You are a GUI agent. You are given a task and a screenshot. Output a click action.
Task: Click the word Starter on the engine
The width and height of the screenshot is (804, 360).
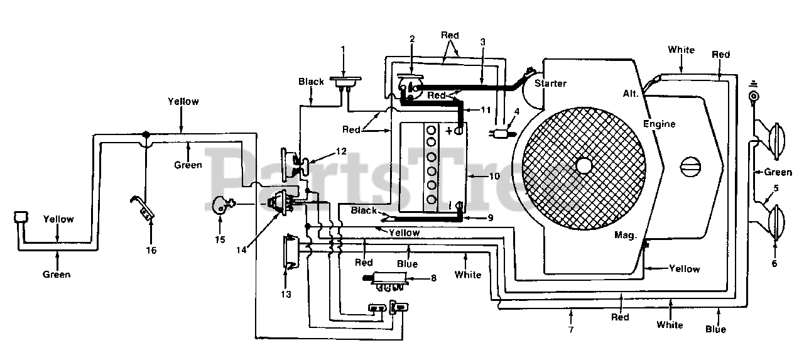coord(550,84)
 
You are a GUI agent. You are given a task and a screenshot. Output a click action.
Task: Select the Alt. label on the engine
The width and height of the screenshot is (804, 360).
coord(631,94)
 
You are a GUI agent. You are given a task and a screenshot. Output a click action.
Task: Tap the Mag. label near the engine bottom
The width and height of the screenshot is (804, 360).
coord(625,235)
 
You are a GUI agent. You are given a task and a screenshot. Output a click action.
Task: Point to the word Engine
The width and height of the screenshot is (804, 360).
coord(659,124)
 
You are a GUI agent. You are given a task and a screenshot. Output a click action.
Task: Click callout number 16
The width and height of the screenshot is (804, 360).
coord(151,250)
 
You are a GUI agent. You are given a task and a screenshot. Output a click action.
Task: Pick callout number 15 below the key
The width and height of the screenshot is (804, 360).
coord(220,240)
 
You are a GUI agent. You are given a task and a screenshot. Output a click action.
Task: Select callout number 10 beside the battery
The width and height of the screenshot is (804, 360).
coord(494,177)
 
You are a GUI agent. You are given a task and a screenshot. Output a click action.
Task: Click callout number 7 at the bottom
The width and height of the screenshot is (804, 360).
coord(571,329)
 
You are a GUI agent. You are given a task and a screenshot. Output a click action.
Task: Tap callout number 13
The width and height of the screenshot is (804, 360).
coord(286,294)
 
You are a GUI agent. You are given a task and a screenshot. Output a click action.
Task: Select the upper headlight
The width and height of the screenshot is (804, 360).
coord(775,142)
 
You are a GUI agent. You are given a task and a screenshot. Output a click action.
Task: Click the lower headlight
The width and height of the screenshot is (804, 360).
coord(775,222)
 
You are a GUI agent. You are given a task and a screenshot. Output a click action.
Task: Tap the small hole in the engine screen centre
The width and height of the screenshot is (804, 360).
coord(584,165)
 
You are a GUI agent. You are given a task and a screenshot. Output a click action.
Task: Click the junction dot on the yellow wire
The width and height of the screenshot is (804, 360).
coord(146,134)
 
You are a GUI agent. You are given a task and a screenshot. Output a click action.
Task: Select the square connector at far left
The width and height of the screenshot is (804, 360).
coord(21,217)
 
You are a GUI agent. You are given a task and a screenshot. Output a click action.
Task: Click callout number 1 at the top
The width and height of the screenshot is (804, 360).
coord(343,48)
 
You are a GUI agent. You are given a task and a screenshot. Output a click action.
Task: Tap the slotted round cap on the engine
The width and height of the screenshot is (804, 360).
coord(690,167)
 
